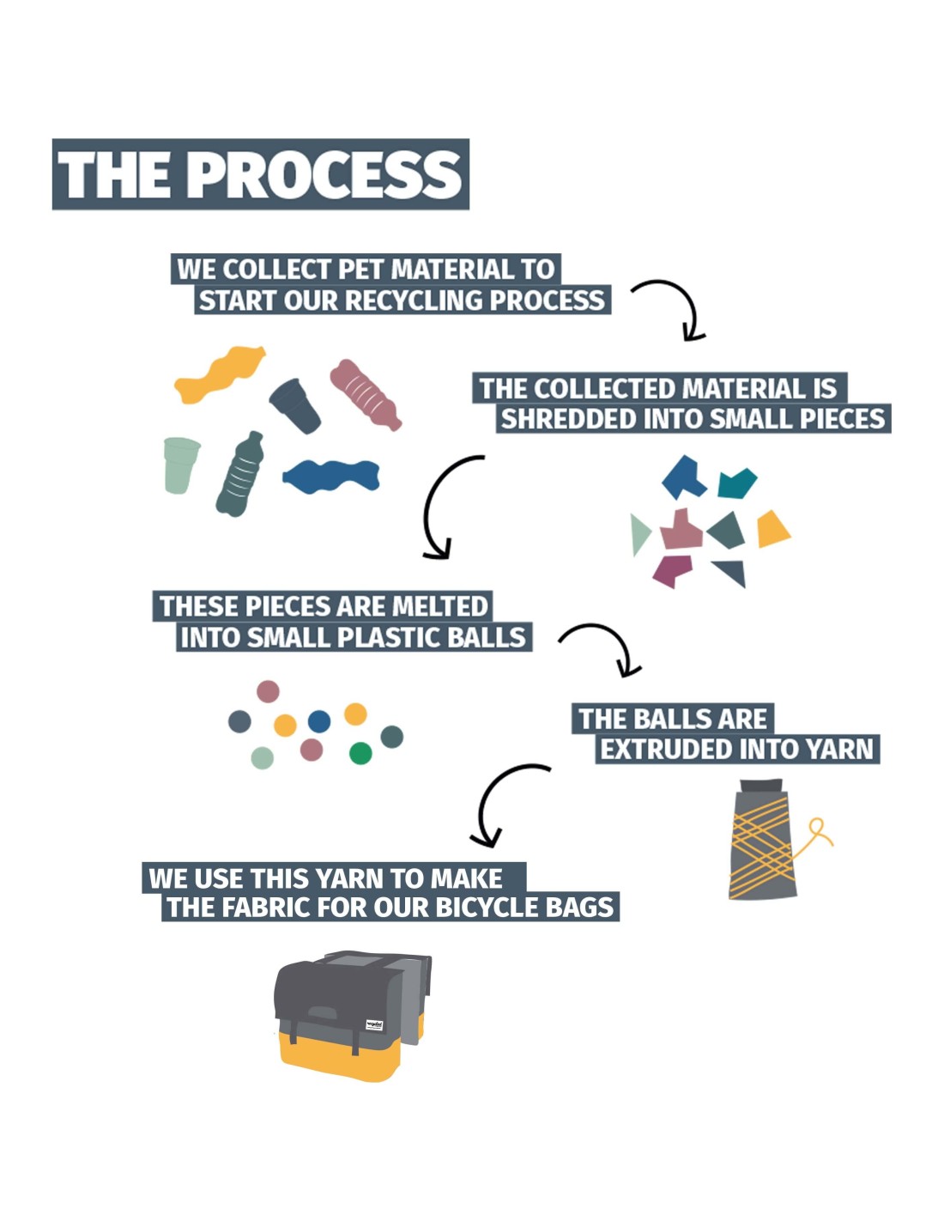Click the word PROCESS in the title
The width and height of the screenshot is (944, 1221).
coord(324,175)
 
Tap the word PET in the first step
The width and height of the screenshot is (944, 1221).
coord(360,270)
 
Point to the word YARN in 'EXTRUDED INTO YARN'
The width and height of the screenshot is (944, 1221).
coord(839,750)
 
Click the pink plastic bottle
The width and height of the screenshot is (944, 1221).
coord(366,394)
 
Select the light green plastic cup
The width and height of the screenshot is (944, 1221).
coord(180,464)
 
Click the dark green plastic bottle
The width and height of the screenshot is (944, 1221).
coord(240,475)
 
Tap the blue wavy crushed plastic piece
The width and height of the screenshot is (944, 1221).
coord(331,476)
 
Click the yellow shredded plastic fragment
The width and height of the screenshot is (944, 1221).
coord(772,529)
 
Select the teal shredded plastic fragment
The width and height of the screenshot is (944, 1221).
coord(736,483)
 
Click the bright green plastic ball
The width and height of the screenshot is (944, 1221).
coord(360,753)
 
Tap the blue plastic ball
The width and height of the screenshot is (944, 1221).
coord(319,720)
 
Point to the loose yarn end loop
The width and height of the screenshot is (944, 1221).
coord(819,830)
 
